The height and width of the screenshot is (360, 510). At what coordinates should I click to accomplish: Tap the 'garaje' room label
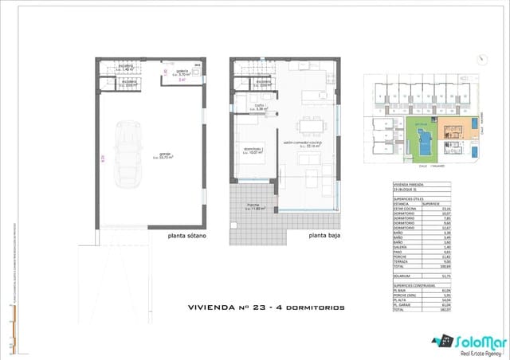click(166, 155)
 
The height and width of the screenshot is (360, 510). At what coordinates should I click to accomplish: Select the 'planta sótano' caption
click(188, 236)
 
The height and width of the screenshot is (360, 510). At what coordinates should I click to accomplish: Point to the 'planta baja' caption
click(327, 236)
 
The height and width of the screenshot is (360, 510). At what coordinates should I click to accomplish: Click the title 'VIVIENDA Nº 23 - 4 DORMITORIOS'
click(266, 307)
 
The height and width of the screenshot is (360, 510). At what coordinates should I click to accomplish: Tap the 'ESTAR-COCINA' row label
click(406, 209)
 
